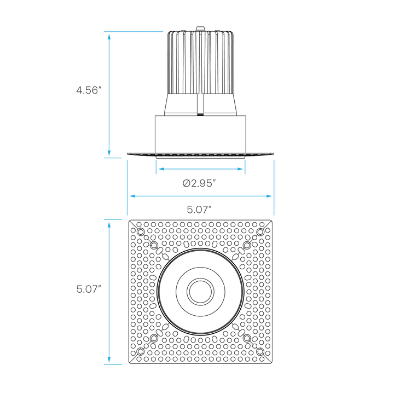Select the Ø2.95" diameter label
[199, 183]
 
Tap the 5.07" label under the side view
[199, 209]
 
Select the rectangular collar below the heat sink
[200, 133]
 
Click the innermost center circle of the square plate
[200, 291]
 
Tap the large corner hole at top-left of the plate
[141, 233]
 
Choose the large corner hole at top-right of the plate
[259, 233]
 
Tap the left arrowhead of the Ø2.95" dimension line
[160, 170]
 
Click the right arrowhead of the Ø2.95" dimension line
[241, 170]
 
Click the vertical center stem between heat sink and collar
[201, 104]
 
